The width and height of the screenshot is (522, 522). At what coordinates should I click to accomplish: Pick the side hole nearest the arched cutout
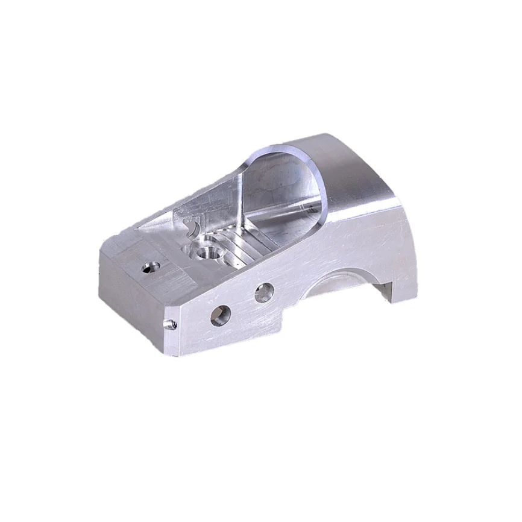pos(263,294)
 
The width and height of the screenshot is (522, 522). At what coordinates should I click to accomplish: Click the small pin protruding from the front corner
pos(171,324)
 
